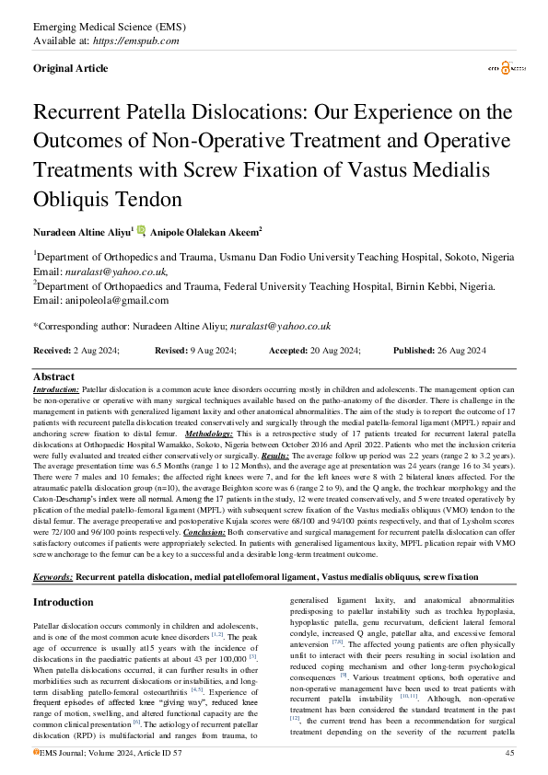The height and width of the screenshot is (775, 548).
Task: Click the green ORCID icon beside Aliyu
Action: tap(141, 230)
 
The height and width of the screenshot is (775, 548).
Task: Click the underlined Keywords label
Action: tap(52, 550)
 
